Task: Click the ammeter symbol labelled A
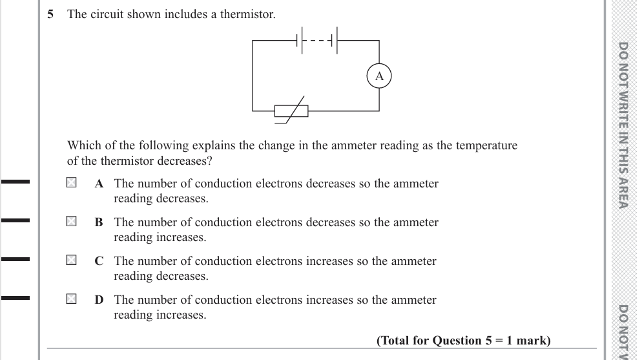click(x=379, y=76)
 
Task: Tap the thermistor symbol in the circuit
click(x=291, y=112)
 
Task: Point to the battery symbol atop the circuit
click(x=316, y=40)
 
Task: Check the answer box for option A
click(x=71, y=183)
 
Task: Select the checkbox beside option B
click(x=71, y=222)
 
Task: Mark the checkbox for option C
click(x=71, y=260)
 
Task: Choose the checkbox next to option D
click(x=71, y=299)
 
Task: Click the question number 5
click(x=51, y=14)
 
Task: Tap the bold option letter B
click(x=99, y=222)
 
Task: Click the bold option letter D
click(x=99, y=300)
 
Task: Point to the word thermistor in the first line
click(x=248, y=14)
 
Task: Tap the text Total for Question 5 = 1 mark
click(x=463, y=341)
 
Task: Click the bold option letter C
click(x=99, y=261)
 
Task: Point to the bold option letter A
click(x=99, y=184)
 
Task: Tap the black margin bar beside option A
click(x=16, y=182)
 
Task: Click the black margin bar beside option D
click(x=16, y=298)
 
